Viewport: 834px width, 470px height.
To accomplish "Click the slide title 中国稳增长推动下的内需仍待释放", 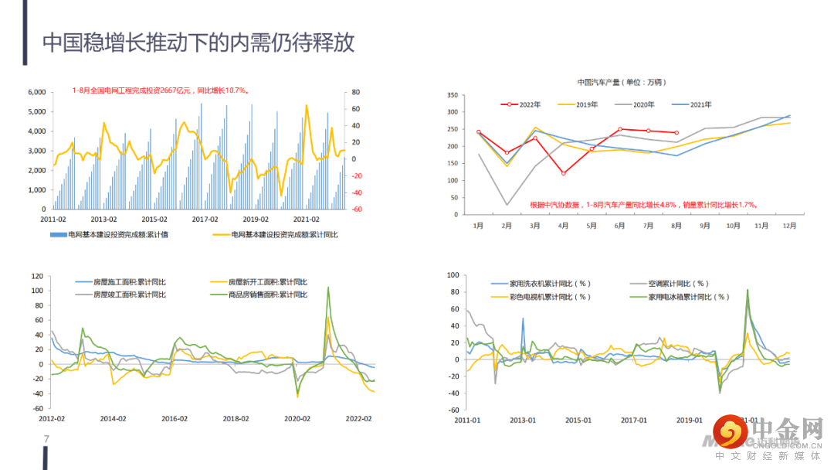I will (198, 43).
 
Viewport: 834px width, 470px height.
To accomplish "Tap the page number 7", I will (46, 440).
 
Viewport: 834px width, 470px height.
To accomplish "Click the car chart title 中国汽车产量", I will (621, 82).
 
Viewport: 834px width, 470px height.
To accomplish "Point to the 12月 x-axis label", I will (789, 226).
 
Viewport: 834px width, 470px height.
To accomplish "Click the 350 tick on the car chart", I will (452, 95).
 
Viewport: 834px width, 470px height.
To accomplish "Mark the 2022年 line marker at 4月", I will (563, 173).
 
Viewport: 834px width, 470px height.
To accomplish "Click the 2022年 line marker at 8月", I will (676, 133).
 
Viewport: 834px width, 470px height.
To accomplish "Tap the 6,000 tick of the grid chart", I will (36, 92).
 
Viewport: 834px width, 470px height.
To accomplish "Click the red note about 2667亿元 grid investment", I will (161, 90).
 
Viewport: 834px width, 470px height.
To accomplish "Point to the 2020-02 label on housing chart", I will (297, 418).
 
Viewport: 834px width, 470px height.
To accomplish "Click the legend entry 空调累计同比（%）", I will (680, 284).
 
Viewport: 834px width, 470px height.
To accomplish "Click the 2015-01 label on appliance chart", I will (578, 421).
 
